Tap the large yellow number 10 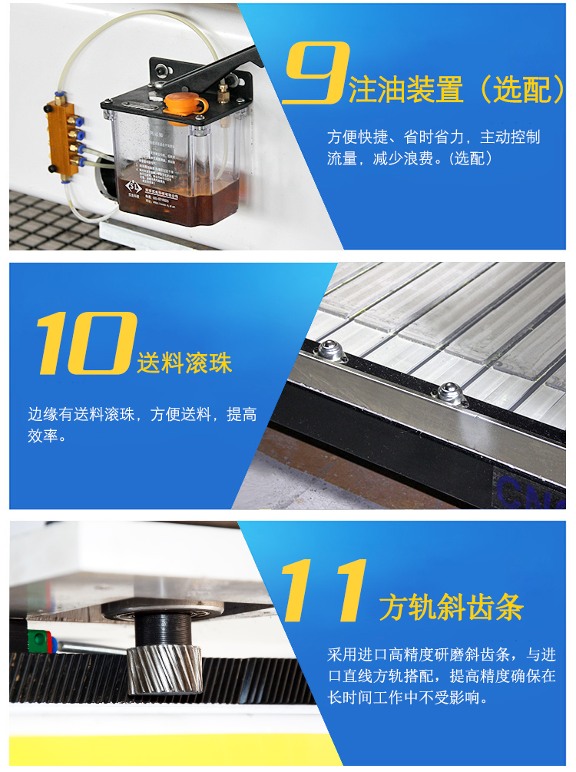tap(83, 343)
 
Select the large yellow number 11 tap(323, 591)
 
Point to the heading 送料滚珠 tap(184, 363)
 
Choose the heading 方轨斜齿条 tap(452, 608)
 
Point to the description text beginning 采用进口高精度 tap(441, 677)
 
